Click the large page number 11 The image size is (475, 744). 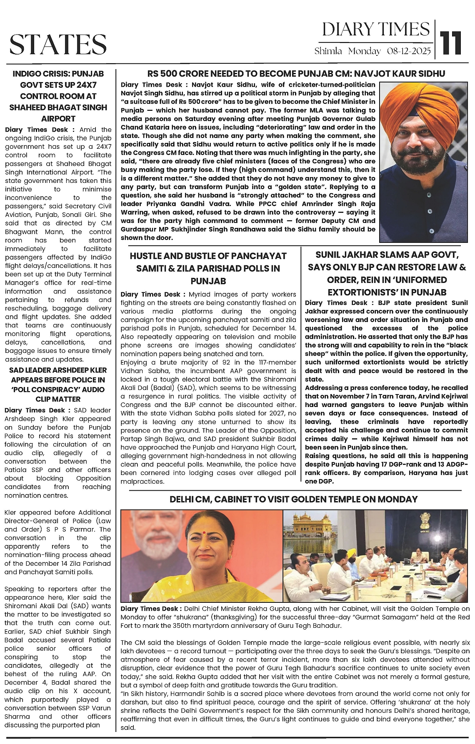coord(452,42)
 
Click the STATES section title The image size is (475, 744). coord(58,44)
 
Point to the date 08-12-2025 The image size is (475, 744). coord(408,51)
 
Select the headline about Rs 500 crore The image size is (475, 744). coord(296,74)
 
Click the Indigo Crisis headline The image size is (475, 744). coord(58,96)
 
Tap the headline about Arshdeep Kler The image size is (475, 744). coord(58,384)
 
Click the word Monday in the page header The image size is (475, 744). coord(364,51)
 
